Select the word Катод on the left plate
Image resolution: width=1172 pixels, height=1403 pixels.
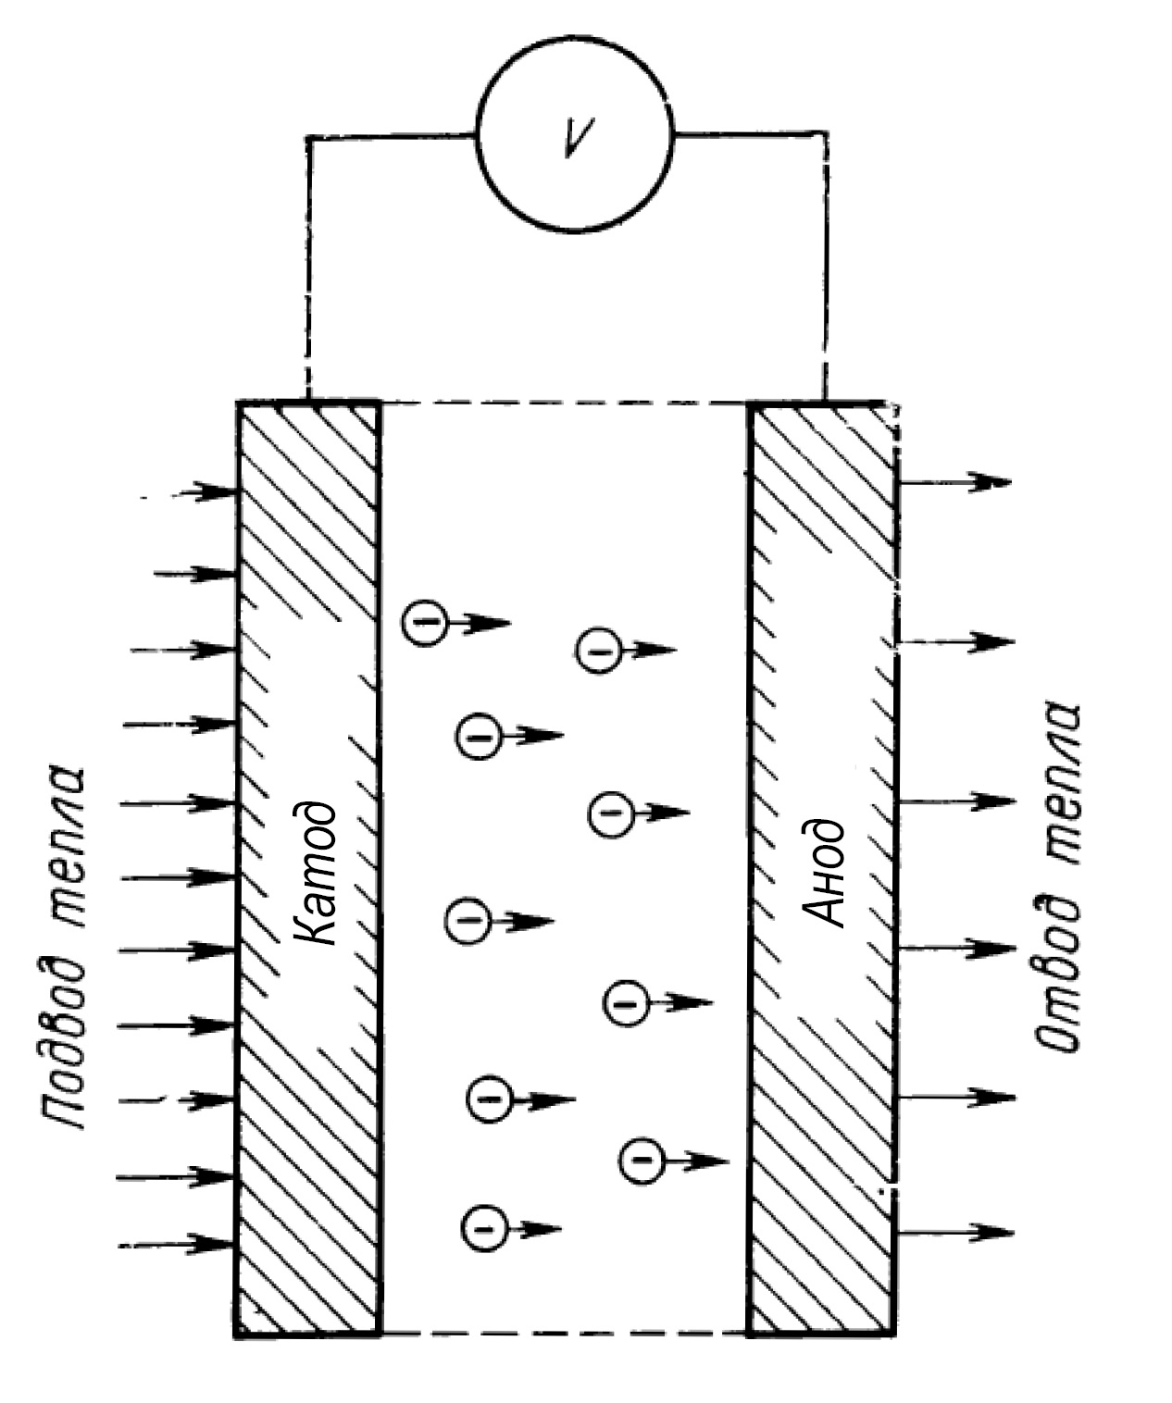(315, 875)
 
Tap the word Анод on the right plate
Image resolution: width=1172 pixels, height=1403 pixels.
(824, 872)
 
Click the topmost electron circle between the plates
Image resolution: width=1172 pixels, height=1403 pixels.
(426, 622)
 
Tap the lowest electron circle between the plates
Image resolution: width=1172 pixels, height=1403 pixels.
(484, 1230)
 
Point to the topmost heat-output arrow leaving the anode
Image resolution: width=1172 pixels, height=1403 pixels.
(955, 482)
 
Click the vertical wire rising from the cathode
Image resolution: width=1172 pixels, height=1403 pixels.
(308, 267)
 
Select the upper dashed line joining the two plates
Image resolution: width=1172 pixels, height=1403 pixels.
(565, 404)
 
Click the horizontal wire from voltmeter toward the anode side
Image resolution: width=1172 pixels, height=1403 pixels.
(750, 133)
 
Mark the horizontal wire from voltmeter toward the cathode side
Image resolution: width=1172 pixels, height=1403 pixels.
(393, 136)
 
